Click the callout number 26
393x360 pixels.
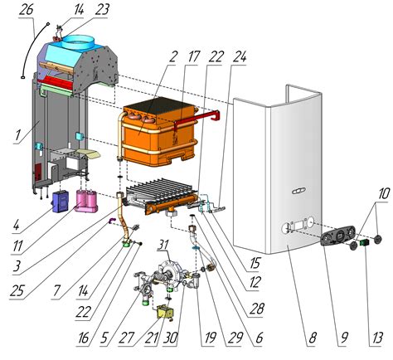coord(27,10)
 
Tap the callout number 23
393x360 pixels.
coord(102,10)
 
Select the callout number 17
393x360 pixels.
coord(193,57)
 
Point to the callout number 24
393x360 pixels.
coord(239,57)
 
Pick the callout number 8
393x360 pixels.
coord(313,338)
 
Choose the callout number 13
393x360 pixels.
coord(376,338)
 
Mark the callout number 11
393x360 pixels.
coord(17,246)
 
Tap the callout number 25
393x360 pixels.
coord(17,291)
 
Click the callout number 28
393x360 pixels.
coord(257,309)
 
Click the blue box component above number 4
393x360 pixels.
coord(61,202)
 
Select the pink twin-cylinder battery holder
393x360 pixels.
coord(86,201)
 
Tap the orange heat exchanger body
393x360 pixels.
coord(158,132)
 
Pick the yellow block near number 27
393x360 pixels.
coord(165,312)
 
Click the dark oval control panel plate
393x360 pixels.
coord(337,235)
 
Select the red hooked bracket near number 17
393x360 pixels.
coord(196,119)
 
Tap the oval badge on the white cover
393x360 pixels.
coord(299,192)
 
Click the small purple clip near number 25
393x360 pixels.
coord(112,221)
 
